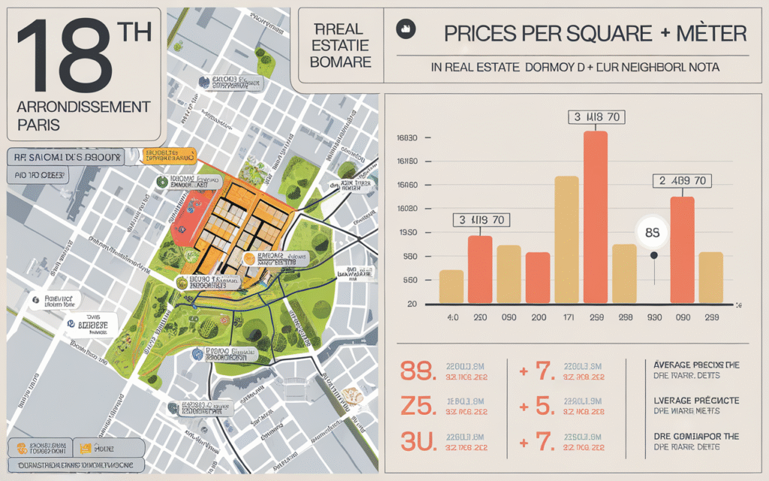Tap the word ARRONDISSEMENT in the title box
83,107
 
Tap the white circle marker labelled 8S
652,232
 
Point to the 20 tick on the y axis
412,304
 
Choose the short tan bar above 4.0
451,286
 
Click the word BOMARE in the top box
341,61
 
